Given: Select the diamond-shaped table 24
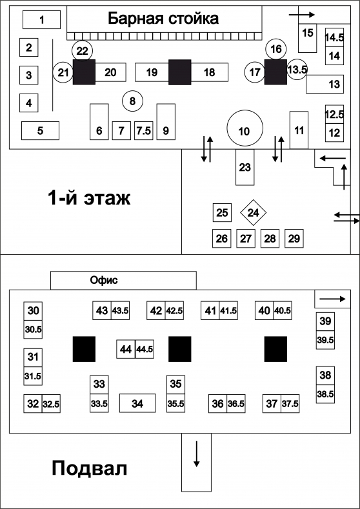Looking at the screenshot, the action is tap(253, 213).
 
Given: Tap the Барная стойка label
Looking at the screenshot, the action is tap(163, 19).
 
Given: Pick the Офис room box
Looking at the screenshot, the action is tap(123, 280).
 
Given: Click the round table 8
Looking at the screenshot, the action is tap(132, 101).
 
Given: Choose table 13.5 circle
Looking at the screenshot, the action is tap(297, 69).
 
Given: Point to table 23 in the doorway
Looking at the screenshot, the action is tap(245, 167).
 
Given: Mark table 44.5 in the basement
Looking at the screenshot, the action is tap(145, 349).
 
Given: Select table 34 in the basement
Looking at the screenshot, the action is tap(137, 403).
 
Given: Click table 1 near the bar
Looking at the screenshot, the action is tap(41, 19).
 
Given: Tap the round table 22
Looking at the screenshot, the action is tap(83, 50).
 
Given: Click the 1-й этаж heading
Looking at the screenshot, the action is tap(89, 197).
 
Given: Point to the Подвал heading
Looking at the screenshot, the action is tap(89, 468).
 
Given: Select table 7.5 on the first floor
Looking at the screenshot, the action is tap(143, 130).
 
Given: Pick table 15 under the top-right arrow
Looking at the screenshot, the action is tap(307, 38).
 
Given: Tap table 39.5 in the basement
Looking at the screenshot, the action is tap(325, 340).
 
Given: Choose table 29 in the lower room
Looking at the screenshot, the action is tap(294, 238).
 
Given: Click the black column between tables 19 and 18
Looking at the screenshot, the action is tap(180, 72).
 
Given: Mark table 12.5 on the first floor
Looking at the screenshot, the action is tap(334, 114).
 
